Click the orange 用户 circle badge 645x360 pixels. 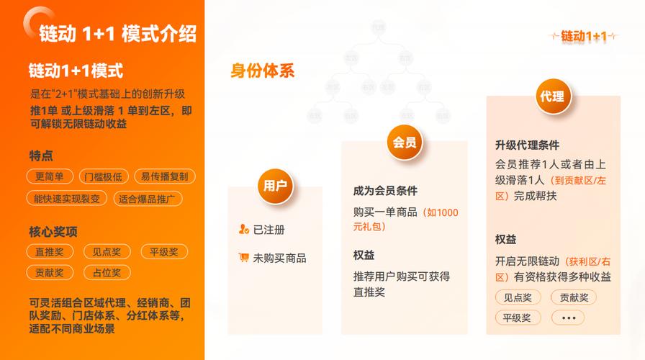tap(275, 186)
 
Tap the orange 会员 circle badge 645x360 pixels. tap(405, 142)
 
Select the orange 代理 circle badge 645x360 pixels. tap(552, 97)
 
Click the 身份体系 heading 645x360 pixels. tap(262, 71)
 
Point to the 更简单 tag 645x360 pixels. tap(50, 176)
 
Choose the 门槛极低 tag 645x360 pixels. tap(103, 176)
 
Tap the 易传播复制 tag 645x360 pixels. tap(164, 176)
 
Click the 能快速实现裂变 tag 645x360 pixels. tap(67, 198)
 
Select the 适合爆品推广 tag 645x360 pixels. tap(149, 198)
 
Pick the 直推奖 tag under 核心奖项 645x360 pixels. tap(50, 251)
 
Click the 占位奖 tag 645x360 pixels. tap(107, 272)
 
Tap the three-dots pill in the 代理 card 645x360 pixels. tap(568, 318)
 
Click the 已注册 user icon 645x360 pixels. tap(243, 230)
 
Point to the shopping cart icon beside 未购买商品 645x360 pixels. tap(243, 257)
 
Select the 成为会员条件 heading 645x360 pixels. tap(385, 191)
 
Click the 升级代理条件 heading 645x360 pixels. tap(527, 145)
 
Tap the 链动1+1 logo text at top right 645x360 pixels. tap(584, 36)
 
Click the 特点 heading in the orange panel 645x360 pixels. tap(41, 156)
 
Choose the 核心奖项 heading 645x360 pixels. tap(53, 231)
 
